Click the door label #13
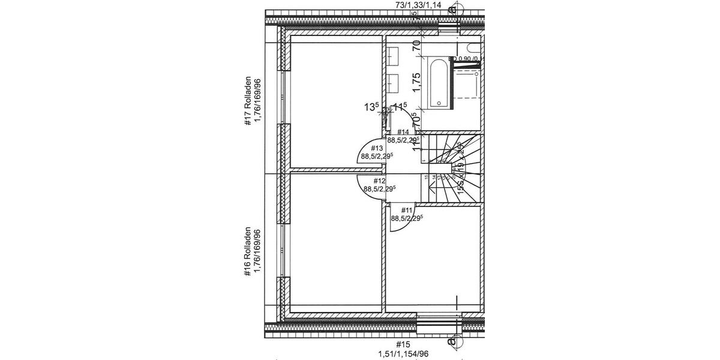click(x=377, y=148)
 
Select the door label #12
click(x=379, y=180)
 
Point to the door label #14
click(x=403, y=132)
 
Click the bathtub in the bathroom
click(x=439, y=83)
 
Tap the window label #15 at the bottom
click(x=403, y=344)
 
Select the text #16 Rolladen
click(x=247, y=252)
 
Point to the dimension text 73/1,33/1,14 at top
click(x=418, y=5)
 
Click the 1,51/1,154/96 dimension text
click(x=403, y=355)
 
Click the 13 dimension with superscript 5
click(x=371, y=107)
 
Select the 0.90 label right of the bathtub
click(x=467, y=59)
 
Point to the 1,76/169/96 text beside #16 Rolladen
click(x=259, y=252)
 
